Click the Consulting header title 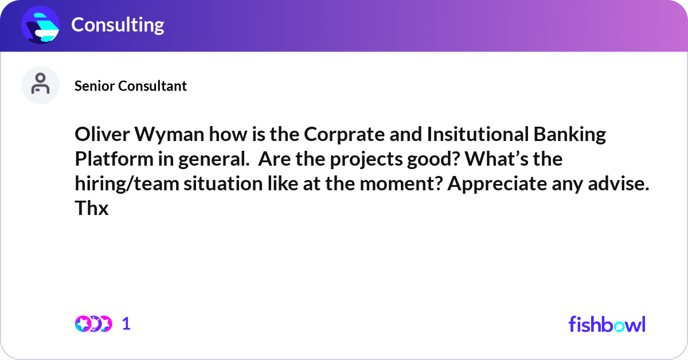point(118,25)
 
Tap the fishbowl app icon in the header point(41,25)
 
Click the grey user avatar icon point(40,85)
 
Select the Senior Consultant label point(131,86)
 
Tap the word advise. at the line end point(622,184)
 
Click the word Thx point(91,209)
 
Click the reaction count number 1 point(126,324)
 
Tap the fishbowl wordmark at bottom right point(607,324)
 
